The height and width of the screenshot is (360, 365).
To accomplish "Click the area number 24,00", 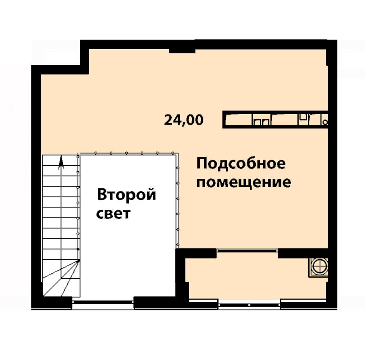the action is point(184,120).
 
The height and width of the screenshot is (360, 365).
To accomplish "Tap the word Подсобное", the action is point(241,163).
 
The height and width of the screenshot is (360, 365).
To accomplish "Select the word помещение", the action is point(243,182).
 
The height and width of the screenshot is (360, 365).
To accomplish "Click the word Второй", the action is point(127,195).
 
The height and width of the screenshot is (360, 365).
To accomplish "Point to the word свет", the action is point(113,214).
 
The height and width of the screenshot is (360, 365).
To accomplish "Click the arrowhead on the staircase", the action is point(61,160).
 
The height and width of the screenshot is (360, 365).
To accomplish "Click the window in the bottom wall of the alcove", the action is point(249,304).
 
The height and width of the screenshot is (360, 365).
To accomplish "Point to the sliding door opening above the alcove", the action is point(247,250).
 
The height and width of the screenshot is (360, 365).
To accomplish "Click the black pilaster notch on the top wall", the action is point(182,51).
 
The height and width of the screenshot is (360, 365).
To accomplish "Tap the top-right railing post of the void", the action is point(173,153).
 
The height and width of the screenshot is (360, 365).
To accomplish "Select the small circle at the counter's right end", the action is point(326,122).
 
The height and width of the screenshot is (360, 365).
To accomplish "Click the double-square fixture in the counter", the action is point(262,122).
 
